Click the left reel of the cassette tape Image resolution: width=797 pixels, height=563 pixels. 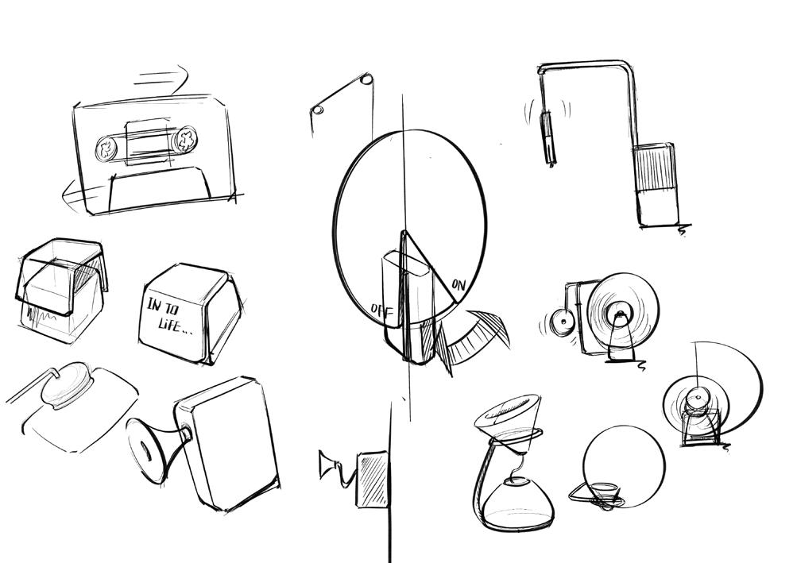point(106,148)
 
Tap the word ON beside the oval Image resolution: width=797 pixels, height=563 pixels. point(458,283)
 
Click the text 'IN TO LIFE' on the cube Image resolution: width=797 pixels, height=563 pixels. point(170,314)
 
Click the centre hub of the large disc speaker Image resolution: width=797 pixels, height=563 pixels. point(619,318)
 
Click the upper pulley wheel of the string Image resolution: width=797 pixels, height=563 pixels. point(366,79)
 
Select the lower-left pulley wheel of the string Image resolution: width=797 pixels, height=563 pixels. point(317,110)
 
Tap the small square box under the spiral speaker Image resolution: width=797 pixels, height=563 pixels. point(702,424)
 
